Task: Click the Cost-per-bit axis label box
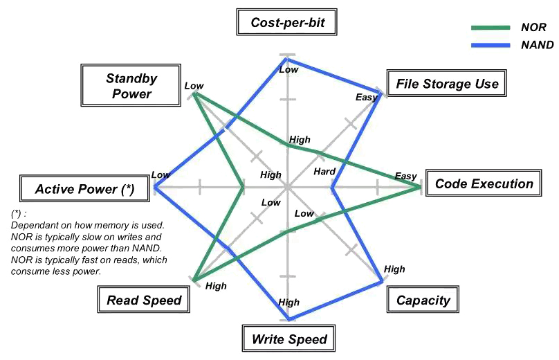click(286, 22)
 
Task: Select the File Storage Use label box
click(447, 83)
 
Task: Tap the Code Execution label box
click(484, 183)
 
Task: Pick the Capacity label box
click(423, 299)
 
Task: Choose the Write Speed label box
click(288, 339)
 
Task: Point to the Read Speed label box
click(144, 299)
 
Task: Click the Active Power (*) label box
click(84, 188)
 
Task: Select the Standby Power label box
click(131, 85)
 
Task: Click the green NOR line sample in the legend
click(491, 28)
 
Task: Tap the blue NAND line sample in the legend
click(491, 45)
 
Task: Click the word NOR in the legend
click(533, 27)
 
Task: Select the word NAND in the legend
click(538, 45)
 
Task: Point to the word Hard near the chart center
click(324, 172)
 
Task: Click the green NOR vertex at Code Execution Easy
click(421, 187)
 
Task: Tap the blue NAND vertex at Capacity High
click(381, 281)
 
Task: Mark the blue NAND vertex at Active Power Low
click(155, 187)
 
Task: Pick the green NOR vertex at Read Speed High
click(194, 280)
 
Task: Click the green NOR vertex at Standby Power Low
click(194, 93)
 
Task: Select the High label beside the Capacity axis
click(394, 269)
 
